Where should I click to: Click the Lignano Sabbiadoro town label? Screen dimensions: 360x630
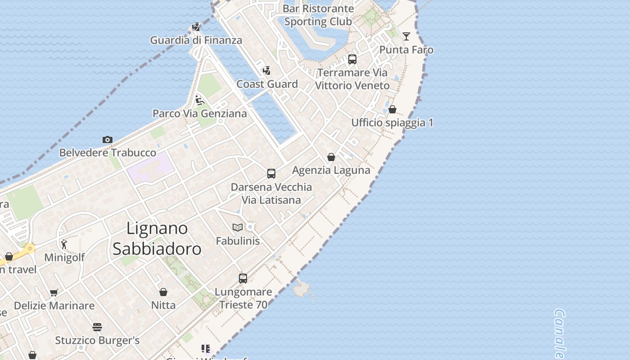tap(157, 238)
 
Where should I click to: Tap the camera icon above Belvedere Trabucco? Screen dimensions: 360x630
tap(107, 139)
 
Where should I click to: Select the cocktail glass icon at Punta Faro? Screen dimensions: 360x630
tap(406, 36)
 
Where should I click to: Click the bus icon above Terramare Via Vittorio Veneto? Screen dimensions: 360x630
tap(352, 59)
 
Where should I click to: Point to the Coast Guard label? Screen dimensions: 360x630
tap(267, 84)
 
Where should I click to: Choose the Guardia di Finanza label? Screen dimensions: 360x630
tap(196, 40)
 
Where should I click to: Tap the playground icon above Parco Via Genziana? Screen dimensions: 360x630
tap(200, 100)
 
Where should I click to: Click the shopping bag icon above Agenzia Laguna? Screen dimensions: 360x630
tap(331, 157)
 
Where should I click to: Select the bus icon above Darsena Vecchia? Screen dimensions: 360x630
tap(271, 174)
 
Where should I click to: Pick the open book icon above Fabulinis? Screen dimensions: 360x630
tap(238, 228)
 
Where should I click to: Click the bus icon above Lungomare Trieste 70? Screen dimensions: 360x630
tap(243, 279)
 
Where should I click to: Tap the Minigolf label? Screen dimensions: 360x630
tap(64, 258)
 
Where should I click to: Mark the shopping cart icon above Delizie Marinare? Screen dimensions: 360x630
tap(54, 292)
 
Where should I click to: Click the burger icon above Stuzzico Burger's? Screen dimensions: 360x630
tap(97, 327)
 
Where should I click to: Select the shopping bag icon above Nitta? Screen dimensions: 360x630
tap(163, 292)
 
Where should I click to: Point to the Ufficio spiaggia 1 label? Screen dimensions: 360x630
tap(392, 123)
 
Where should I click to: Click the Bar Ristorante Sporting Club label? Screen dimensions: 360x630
tap(318, 15)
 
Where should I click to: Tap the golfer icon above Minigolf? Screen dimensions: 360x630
tap(64, 244)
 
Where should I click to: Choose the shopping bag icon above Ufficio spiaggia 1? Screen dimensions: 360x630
tap(392, 109)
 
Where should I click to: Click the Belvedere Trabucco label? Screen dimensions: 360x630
tap(108, 153)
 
